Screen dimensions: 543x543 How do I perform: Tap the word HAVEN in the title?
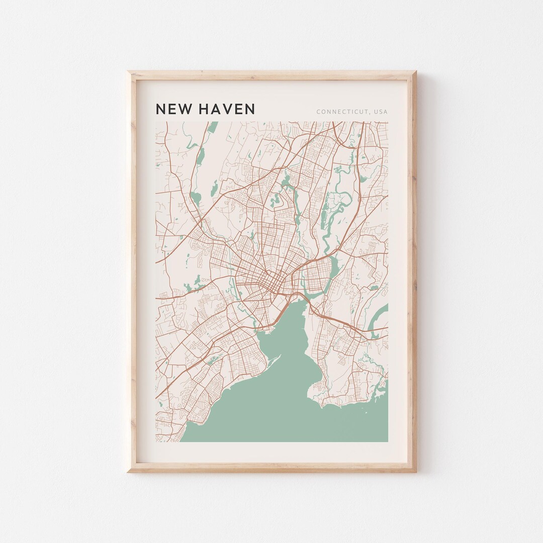click(x=227, y=109)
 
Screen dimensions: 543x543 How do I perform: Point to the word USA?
click(x=381, y=112)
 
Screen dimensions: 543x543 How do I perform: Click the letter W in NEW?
click(x=184, y=109)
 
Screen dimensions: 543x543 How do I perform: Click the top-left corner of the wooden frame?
click(x=128, y=72)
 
